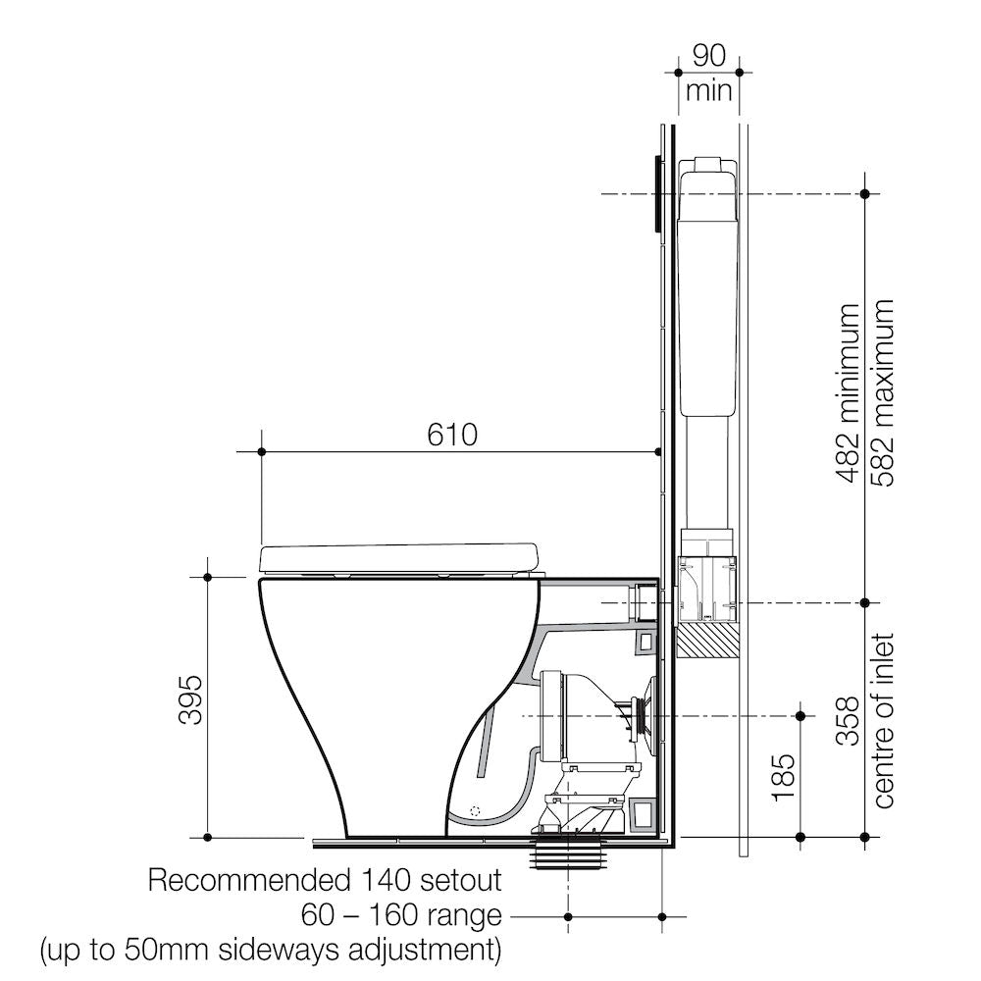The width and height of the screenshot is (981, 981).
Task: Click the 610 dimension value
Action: tap(452, 434)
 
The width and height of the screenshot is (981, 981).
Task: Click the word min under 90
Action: tap(709, 91)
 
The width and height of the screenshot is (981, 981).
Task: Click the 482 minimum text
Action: tap(848, 393)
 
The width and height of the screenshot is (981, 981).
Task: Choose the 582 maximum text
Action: tap(881, 393)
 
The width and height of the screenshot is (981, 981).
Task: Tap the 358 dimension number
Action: tap(848, 720)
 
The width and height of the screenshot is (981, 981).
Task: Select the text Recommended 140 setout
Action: tap(325, 880)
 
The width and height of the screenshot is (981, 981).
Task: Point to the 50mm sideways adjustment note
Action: tap(270, 951)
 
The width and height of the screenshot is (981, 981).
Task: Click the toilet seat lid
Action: tap(399, 557)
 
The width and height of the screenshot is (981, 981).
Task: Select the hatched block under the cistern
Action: tap(707, 642)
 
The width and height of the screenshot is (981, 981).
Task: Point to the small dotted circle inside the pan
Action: tap(475, 811)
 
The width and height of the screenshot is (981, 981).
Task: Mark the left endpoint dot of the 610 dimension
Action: tap(262, 451)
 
